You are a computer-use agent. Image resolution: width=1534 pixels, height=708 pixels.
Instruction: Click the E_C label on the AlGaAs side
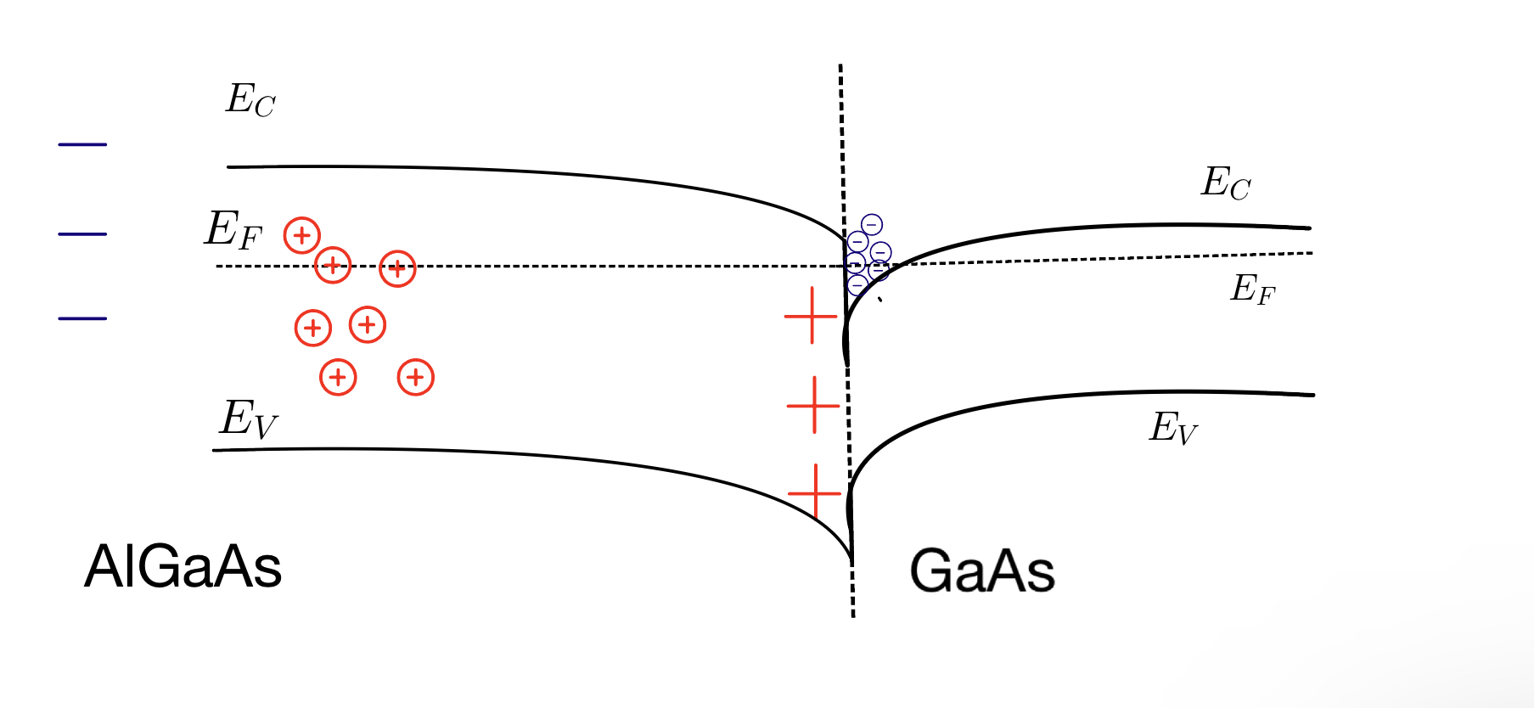coord(250,100)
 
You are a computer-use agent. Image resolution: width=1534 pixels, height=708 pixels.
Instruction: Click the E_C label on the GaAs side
coord(1225,183)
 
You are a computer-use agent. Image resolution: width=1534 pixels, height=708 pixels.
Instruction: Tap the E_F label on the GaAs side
coord(1253,289)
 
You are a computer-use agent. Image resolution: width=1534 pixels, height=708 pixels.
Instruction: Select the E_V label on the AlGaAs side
coord(248,419)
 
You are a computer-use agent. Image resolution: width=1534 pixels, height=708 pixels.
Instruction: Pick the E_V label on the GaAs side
coord(1173,428)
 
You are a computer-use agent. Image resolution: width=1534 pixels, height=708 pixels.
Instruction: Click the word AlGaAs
coord(183,566)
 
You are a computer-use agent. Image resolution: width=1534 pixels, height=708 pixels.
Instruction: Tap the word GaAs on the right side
coord(982,570)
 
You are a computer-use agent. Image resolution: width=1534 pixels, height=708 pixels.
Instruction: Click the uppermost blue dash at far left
coord(82,145)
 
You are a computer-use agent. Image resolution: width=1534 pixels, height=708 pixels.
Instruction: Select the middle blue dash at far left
coord(82,233)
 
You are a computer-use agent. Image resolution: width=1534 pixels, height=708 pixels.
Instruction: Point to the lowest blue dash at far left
coord(82,318)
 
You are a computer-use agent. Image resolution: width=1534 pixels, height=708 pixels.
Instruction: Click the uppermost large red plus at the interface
coord(812,316)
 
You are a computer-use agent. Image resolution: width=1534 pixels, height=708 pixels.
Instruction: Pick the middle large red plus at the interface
coord(813,405)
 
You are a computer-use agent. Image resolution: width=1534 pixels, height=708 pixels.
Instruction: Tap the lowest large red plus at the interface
coord(815,492)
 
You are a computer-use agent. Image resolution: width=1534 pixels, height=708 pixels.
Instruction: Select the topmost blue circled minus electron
coord(872,224)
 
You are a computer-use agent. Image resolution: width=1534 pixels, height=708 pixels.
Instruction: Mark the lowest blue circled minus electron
coord(857,284)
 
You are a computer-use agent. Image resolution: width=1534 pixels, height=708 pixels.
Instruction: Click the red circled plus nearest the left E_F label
coord(302,235)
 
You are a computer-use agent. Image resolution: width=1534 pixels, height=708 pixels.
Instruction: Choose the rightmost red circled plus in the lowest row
coord(416,377)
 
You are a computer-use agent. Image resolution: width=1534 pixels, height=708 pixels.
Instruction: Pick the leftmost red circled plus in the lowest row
coord(338,377)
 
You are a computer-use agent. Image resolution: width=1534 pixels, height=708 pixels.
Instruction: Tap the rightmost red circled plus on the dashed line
coord(397,269)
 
